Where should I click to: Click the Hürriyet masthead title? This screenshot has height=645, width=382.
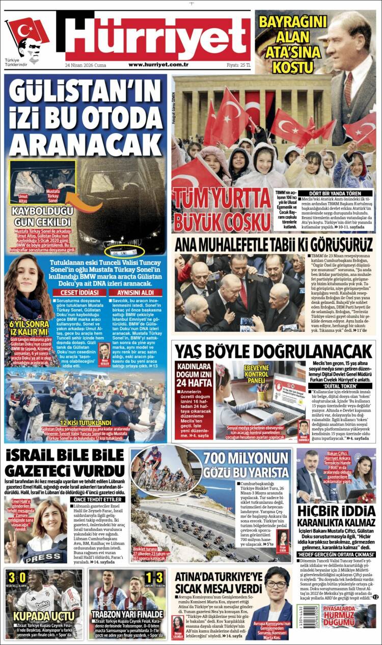(158, 36)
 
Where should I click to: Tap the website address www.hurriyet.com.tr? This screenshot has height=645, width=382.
(158, 65)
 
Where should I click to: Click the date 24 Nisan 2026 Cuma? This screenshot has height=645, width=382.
(86, 65)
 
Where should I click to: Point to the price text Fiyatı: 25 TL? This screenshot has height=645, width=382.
(238, 65)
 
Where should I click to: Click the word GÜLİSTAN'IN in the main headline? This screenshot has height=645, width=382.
(85, 93)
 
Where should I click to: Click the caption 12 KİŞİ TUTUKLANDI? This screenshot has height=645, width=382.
(86, 423)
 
